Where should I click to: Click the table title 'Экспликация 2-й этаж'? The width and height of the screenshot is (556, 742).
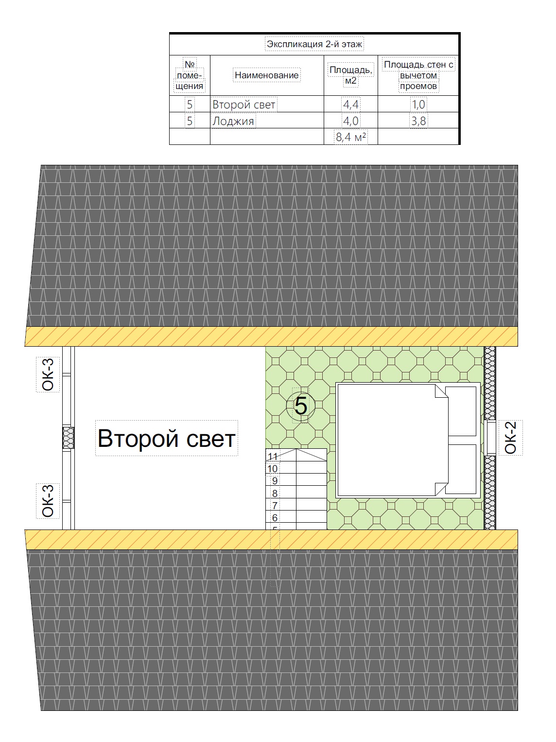[314, 44]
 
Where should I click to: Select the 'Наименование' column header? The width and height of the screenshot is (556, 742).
[266, 75]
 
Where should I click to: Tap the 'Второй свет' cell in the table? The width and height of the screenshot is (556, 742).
[243, 105]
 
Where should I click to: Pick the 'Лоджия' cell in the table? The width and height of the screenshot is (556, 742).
[233, 121]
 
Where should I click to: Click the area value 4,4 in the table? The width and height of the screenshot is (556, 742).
[350, 105]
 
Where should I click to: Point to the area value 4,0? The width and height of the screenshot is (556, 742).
[350, 121]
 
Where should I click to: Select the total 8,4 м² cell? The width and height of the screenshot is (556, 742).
[350, 137]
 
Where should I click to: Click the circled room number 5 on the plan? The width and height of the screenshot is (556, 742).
[301, 406]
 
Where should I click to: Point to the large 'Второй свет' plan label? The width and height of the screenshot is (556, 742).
[167, 439]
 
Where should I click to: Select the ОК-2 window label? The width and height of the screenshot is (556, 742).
[511, 438]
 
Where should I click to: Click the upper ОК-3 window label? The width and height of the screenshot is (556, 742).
[48, 374]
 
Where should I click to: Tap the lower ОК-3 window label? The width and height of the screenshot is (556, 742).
[48, 501]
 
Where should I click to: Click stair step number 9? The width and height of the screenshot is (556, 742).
[275, 481]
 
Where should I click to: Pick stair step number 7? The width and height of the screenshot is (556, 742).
[275, 505]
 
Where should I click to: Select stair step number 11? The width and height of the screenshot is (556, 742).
[273, 457]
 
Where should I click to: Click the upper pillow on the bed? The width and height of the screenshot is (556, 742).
[461, 411]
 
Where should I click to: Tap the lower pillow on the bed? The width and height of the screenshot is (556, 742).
[461, 469]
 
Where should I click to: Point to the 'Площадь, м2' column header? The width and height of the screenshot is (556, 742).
[350, 75]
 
